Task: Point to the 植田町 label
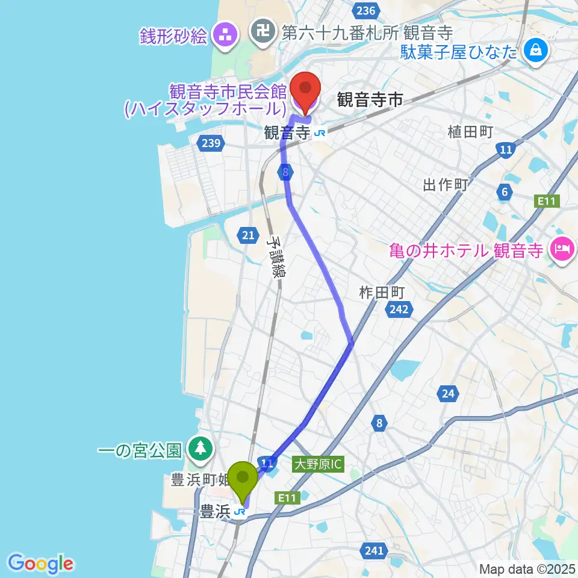coord(470,132)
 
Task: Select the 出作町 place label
coord(446,185)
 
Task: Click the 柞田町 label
coord(381,293)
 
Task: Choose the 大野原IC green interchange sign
coord(318,464)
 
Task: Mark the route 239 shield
coord(211,143)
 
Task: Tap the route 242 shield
coord(398,309)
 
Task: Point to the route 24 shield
coord(448,394)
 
